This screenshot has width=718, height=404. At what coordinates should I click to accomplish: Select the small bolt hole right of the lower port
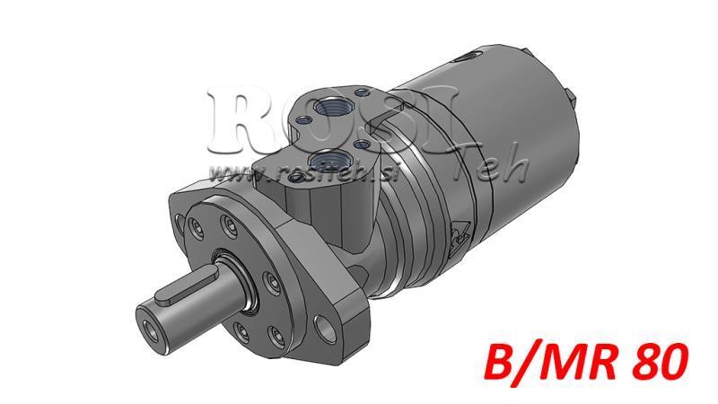(x=363, y=144)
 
